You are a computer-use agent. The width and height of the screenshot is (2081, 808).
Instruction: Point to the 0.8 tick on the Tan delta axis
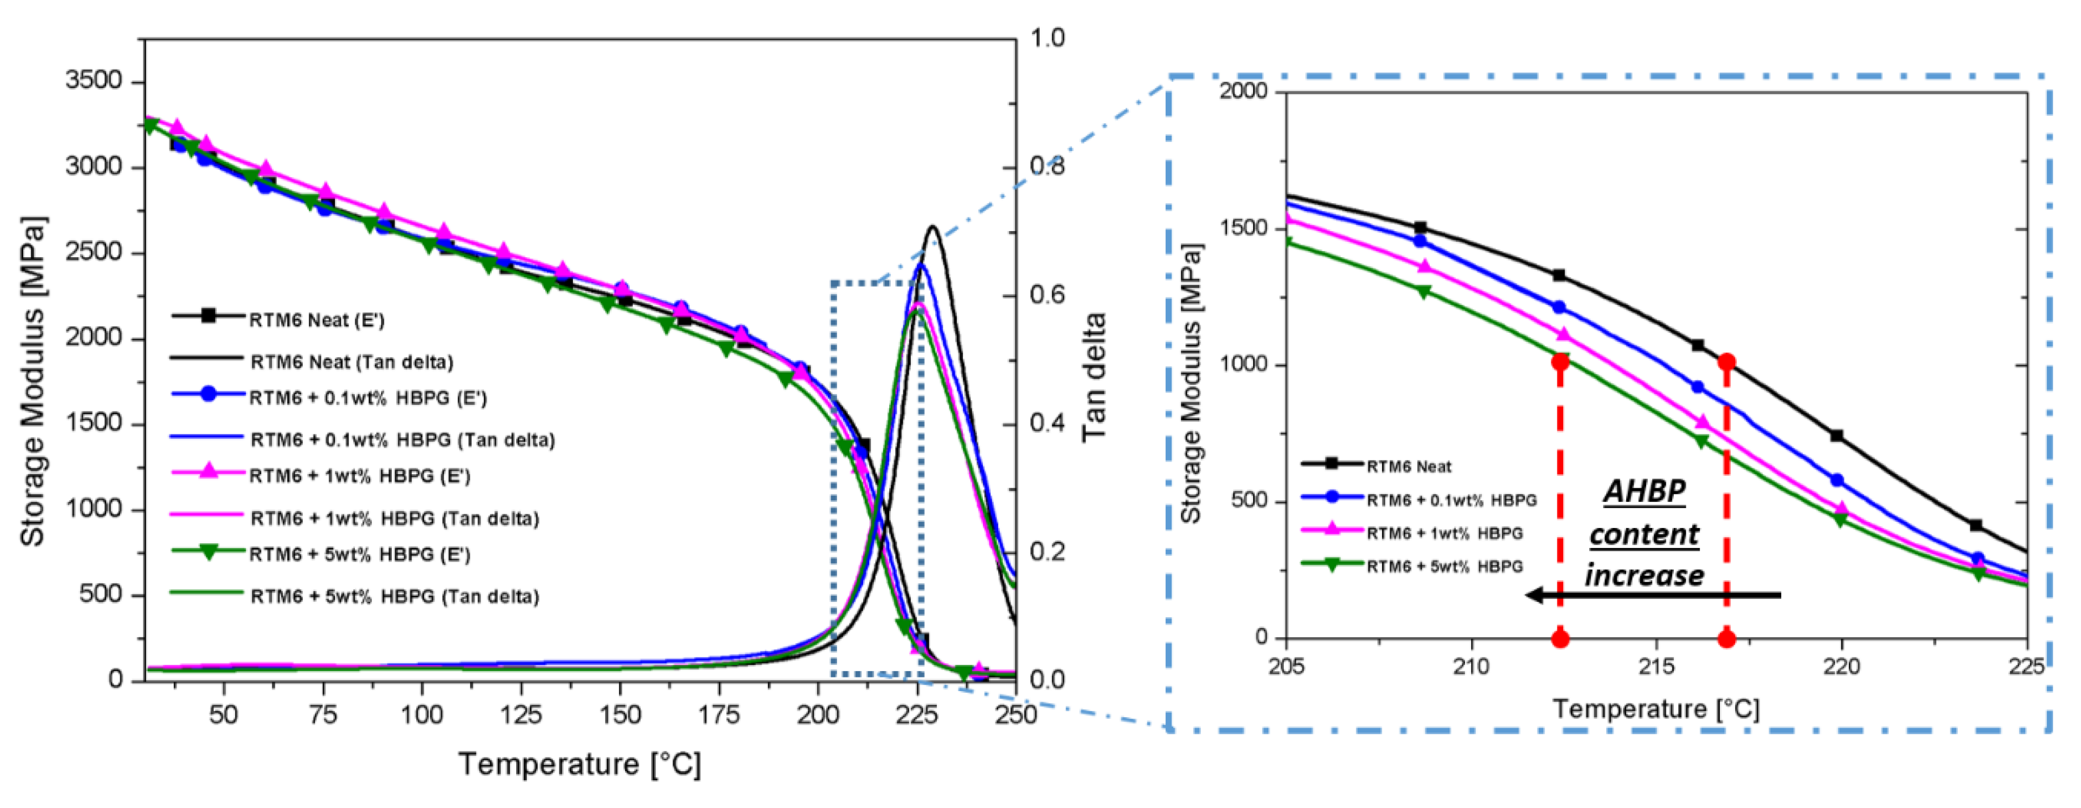tap(1047, 166)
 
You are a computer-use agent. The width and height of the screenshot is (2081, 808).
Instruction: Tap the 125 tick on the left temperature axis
tap(520, 714)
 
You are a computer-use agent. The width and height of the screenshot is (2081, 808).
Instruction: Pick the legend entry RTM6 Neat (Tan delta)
tap(351, 361)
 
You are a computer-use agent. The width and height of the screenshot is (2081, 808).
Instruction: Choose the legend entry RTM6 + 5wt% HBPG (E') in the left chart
tap(359, 554)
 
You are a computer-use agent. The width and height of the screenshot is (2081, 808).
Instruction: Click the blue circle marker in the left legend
tap(208, 394)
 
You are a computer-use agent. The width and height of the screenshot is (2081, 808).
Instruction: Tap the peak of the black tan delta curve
tap(932, 227)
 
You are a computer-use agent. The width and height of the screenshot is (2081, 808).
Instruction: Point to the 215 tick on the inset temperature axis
tap(1657, 667)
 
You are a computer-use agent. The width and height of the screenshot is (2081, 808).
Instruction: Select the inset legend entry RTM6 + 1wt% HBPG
tap(1444, 533)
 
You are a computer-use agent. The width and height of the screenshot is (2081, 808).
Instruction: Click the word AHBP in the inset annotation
tap(1645, 491)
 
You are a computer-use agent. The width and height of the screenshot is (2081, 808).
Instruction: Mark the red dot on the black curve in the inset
tap(1726, 362)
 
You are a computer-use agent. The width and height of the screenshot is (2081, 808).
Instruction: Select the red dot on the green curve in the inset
tap(1560, 362)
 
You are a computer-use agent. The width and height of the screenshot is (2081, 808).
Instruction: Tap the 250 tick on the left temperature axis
tap(1015, 714)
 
